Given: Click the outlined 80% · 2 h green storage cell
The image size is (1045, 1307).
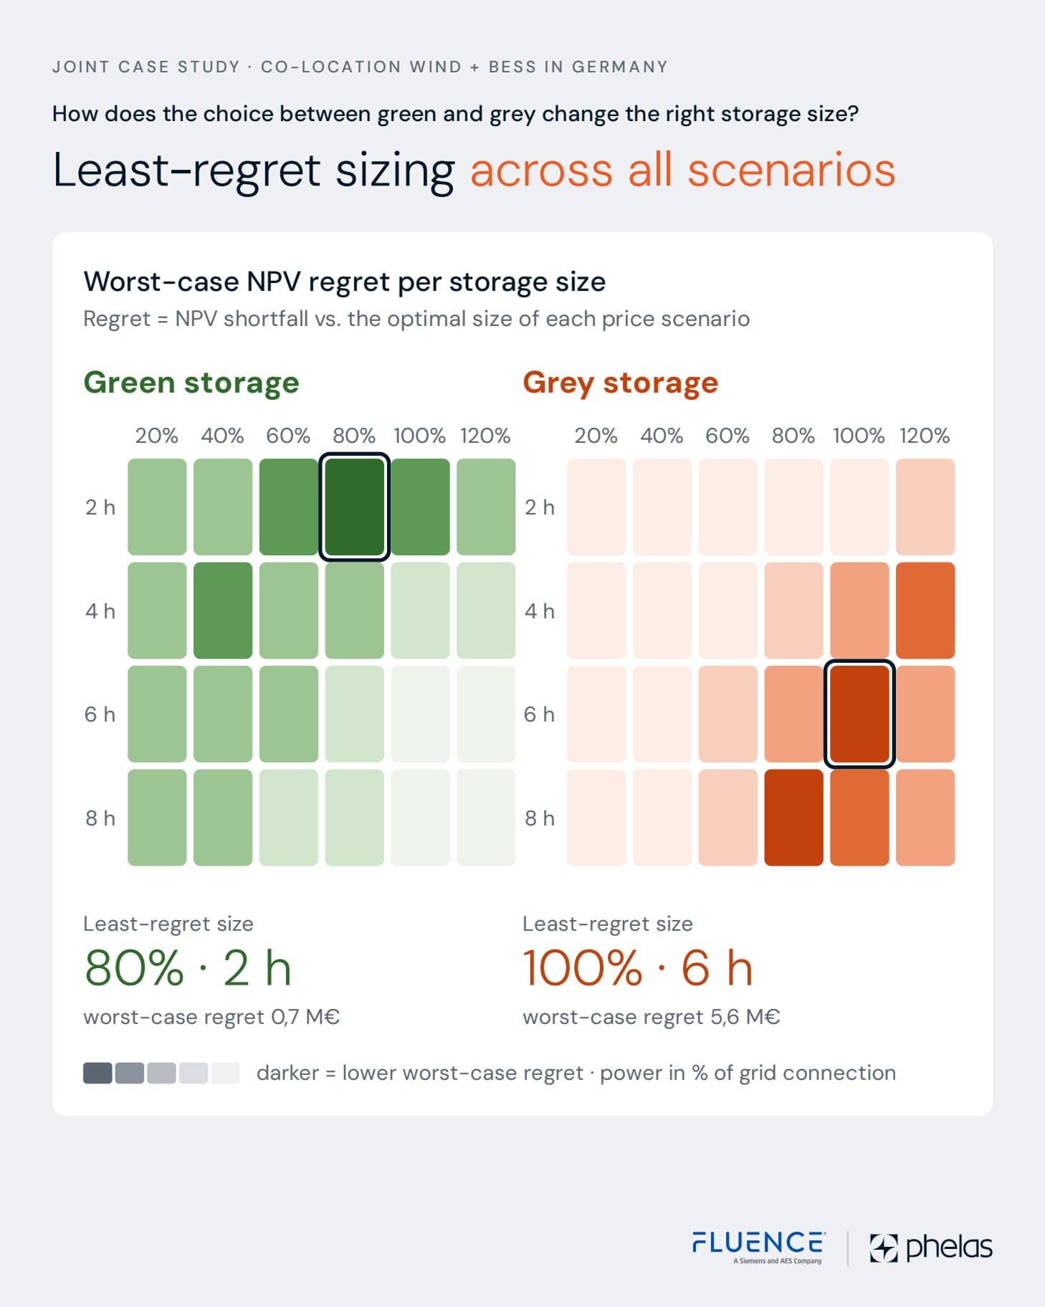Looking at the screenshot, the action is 354,507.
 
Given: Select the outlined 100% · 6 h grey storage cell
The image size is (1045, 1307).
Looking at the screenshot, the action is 859,714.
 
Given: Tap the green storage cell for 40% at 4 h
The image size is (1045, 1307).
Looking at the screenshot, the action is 223,611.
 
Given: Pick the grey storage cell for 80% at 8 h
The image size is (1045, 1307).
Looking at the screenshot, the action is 793,818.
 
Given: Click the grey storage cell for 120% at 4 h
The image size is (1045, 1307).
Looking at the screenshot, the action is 925,611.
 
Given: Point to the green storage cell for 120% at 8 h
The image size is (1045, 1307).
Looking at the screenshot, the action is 486,818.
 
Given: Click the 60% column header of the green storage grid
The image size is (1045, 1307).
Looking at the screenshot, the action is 288,436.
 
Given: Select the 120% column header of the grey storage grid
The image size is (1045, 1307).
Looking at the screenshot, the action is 925,436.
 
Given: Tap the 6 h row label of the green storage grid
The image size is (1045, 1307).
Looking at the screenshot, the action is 100,714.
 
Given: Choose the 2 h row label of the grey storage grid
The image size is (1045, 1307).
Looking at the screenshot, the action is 540,507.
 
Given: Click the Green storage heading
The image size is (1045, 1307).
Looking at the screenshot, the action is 191,383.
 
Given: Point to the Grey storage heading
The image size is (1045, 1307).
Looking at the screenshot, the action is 621,383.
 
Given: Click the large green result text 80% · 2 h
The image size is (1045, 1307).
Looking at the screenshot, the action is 188,968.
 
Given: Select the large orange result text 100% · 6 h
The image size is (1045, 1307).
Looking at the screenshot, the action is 638,968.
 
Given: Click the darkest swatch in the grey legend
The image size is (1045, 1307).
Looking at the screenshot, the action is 97,1073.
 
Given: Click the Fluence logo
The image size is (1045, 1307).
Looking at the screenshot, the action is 759,1247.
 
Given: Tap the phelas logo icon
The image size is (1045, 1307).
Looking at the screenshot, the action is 884,1248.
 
